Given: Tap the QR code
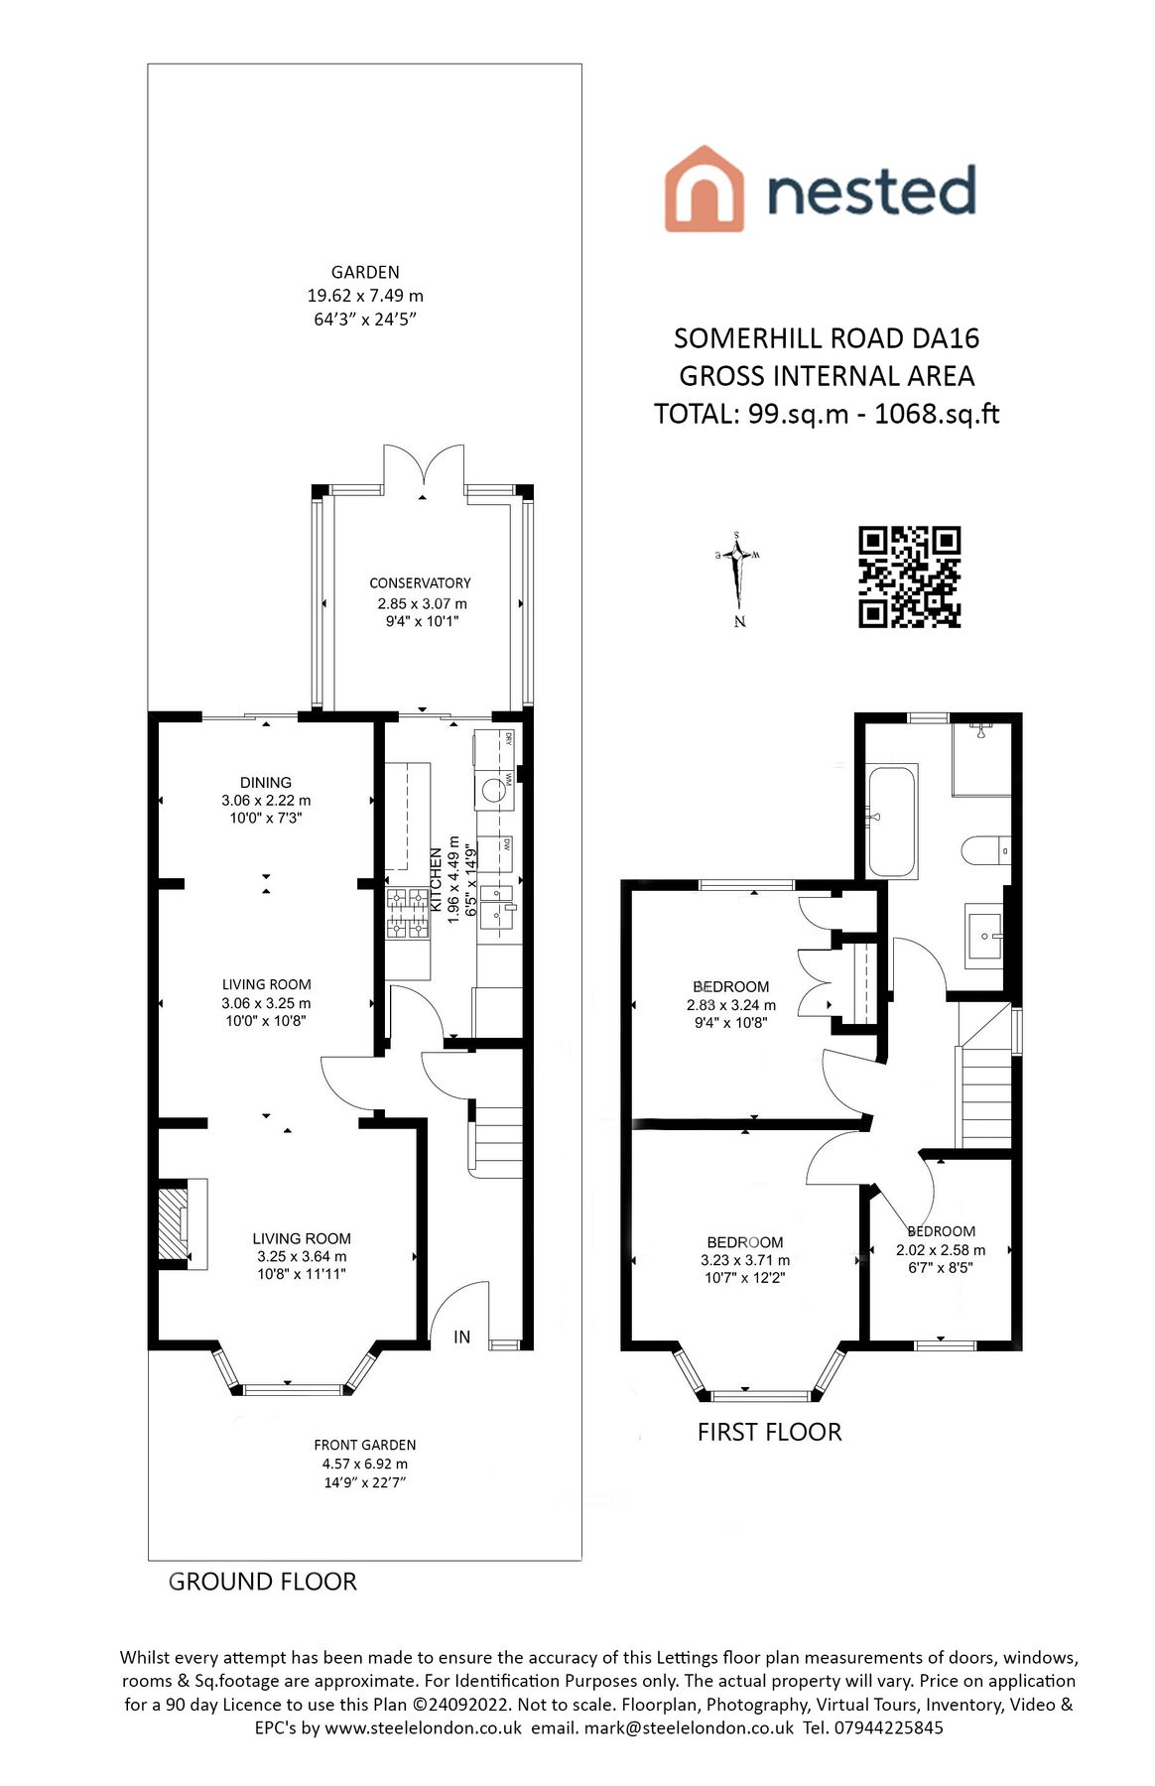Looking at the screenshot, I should point(909,576).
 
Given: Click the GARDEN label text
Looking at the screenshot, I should point(365,272).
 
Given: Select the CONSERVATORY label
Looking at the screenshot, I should point(420,583).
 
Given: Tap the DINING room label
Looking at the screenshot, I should point(266,783).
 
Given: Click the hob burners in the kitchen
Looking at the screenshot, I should point(407,914).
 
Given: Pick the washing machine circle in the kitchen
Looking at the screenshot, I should point(493,791).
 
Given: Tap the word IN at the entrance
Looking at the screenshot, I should point(461,1338).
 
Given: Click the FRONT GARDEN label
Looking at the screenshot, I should point(365,1446).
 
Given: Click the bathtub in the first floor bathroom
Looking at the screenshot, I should point(892,821).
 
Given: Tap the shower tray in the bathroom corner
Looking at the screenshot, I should point(981,759).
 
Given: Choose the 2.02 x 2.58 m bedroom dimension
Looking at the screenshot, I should point(941,1250).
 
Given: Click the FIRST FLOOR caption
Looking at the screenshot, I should point(769,1432).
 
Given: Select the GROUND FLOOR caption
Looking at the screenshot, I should point(262,1582).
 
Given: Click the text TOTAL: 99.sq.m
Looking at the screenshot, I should point(750,414).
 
